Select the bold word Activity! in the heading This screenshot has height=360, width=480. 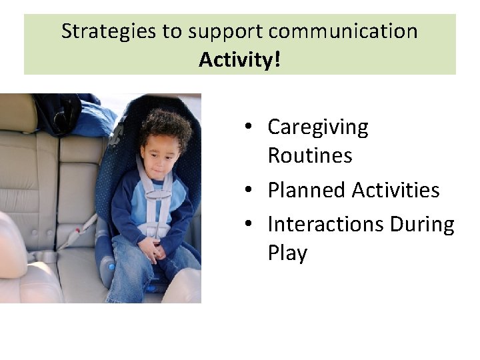click(x=239, y=60)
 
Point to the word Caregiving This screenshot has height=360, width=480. click(x=317, y=127)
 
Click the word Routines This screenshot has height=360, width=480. click(x=309, y=155)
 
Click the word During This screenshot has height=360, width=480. click(x=422, y=224)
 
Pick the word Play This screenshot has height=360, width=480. click(x=287, y=253)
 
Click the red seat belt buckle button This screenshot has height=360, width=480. click(x=78, y=232)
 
